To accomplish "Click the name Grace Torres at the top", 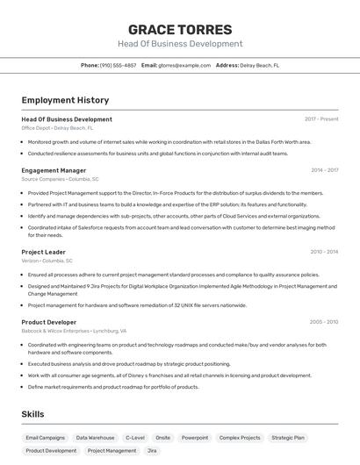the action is coord(180,29).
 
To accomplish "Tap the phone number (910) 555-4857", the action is coord(118,65).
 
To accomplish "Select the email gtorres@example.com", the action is coord(184,65).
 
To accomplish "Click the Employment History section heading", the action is coord(65,101).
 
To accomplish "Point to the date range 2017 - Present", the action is coord(321,119).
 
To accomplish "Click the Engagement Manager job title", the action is coord(54,170).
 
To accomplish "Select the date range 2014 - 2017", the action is coord(324,170).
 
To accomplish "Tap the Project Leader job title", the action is coord(44,252).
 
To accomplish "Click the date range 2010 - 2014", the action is coord(324,252).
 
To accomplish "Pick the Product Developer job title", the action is coord(49,322).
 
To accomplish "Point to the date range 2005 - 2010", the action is coord(324,322).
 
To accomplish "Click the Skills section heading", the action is coord(34,412).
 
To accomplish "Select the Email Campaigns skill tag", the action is coord(45,437).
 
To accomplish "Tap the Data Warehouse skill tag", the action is coord(95,437).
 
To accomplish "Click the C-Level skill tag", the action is coord(135,437).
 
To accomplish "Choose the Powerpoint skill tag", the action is coord(195,437).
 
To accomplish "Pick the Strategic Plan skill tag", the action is coord(288,437).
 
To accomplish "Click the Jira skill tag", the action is coord(152,451).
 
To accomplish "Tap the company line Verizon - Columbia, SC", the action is coord(47,261).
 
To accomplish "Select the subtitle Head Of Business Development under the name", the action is coord(180,44).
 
